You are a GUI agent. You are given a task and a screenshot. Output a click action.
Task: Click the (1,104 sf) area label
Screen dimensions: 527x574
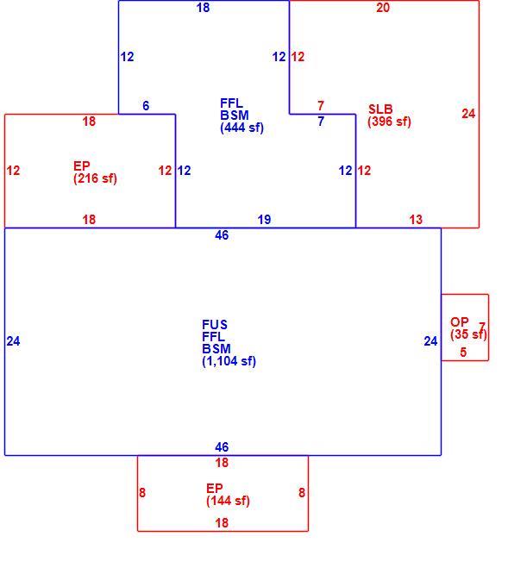229,361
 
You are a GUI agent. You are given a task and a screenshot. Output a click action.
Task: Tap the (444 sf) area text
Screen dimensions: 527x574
242,128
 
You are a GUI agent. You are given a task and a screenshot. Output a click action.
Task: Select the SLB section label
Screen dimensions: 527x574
380,109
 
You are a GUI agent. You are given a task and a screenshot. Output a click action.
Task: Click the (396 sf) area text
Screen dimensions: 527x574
389,122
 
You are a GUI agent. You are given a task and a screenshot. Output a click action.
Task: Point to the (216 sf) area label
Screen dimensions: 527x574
95,178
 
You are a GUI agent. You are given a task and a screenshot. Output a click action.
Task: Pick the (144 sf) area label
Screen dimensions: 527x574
228,501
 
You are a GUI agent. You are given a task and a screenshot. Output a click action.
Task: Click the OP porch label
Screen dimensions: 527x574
459,322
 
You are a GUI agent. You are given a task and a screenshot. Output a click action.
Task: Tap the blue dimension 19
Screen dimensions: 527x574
264,220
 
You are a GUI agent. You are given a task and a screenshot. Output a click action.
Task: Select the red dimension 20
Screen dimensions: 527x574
383,8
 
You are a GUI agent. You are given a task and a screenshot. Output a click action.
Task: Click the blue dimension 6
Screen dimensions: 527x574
146,106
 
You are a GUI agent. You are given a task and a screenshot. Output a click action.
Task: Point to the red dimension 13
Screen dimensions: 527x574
416,220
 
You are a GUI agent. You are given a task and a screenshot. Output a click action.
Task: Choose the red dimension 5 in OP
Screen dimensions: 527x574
463,353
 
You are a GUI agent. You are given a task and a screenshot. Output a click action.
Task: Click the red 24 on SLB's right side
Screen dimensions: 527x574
468,114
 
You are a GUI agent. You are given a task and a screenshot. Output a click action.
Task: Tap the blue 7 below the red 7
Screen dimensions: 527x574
321,122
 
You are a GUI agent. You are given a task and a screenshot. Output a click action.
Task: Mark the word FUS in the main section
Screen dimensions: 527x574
215,325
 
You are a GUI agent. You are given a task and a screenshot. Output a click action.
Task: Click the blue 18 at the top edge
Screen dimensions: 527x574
203,8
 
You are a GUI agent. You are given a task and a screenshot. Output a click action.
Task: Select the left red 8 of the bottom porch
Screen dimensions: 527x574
142,493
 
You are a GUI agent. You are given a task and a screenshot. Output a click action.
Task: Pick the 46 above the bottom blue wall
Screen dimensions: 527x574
222,447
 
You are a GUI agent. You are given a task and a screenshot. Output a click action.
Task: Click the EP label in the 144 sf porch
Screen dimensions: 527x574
214,489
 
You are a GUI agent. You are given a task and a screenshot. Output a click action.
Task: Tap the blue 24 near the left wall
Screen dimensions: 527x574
13,341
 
